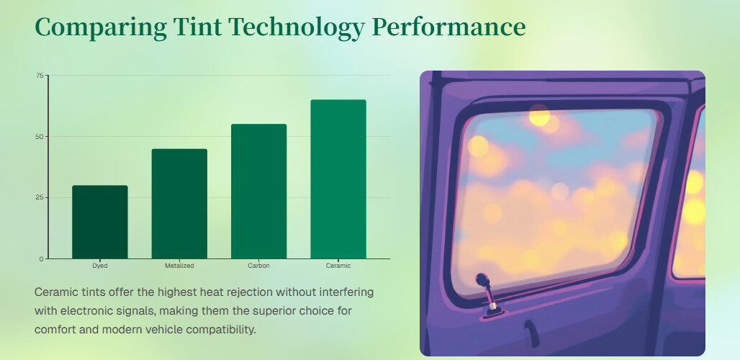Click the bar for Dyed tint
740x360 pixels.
click(99, 222)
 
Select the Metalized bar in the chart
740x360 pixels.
click(179, 204)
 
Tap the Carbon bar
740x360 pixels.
click(258, 191)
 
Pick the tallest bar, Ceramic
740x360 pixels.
click(338, 179)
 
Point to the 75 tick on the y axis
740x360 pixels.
click(40, 76)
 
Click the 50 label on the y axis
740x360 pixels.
click(40, 136)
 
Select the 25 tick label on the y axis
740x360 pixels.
click(40, 198)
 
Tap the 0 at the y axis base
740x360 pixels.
click(42, 258)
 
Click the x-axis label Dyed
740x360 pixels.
click(99, 266)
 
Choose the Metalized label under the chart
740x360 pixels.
click(179, 266)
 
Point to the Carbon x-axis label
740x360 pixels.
click(258, 266)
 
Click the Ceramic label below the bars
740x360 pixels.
click(338, 266)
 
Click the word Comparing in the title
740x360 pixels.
click(101, 27)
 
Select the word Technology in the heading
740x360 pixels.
click(297, 27)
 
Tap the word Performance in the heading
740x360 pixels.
click(448, 26)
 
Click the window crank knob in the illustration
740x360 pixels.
click(482, 280)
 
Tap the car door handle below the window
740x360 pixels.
click(531, 333)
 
